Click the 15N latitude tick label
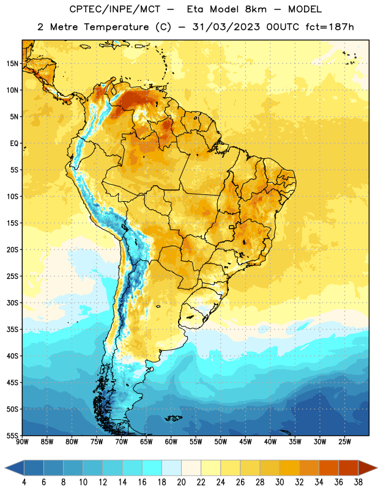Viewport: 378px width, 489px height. tap(12, 64)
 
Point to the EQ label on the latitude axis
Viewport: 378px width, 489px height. tap(14, 144)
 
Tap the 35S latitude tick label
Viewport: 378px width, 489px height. tap(12, 329)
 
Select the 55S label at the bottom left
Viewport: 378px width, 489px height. tap(12, 435)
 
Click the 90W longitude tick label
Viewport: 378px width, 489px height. tap(22, 441)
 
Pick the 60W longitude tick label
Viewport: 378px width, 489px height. tap(171, 441)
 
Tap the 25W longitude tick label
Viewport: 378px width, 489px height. tap(344, 441)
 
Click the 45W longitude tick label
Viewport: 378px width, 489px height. tap(245, 441)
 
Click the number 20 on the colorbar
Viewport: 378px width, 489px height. tap(181, 482)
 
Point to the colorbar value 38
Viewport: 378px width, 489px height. tap(358, 482)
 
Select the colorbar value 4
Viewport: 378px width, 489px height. tap(24, 482)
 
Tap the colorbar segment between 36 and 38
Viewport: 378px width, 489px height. tap(349, 468)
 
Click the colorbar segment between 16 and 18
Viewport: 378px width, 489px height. tap(152, 468)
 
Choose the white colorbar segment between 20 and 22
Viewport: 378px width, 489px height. tap(191, 468)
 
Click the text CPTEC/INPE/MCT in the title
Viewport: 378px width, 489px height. tap(114, 9)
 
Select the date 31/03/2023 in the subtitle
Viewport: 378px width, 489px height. tap(226, 27)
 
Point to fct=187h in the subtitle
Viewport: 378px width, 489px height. tap(330, 27)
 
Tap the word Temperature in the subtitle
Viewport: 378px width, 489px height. tap(116, 28)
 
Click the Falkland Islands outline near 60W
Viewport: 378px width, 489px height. tap(173, 418)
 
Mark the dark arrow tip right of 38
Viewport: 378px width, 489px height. tap(376, 468)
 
